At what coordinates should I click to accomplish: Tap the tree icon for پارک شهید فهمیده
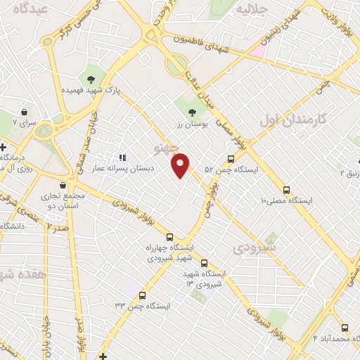coord(90,78)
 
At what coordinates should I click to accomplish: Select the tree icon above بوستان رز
coord(191,110)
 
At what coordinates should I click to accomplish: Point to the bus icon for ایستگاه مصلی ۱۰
coord(286,190)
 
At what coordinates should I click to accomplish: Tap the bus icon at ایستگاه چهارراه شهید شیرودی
coord(169,236)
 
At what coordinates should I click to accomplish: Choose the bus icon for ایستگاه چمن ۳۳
coord(143,295)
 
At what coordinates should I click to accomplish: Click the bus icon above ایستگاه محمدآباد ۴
coord(344,328)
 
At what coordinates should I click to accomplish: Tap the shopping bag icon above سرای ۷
coord(25,112)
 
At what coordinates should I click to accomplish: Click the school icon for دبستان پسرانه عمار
coord(122,158)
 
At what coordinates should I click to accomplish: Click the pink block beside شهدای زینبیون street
coord(257,51)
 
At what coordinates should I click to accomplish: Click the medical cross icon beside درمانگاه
coord(4,146)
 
